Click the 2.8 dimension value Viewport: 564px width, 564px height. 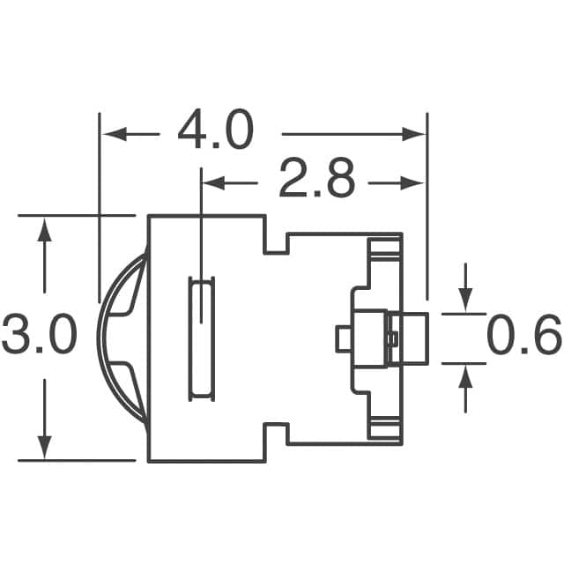click(316, 181)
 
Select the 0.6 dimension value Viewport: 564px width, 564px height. click(523, 337)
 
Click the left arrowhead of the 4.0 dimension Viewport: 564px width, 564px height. click(111, 134)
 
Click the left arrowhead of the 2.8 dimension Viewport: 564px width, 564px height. click(212, 182)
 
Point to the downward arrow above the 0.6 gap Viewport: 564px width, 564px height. click(466, 301)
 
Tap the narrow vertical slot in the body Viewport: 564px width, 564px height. click(202, 338)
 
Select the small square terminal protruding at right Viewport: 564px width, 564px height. click(407, 338)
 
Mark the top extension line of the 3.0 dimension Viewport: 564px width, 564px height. click(76, 215)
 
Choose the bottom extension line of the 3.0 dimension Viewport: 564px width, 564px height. click(76, 460)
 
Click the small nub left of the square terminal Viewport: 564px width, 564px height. click(343, 338)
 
